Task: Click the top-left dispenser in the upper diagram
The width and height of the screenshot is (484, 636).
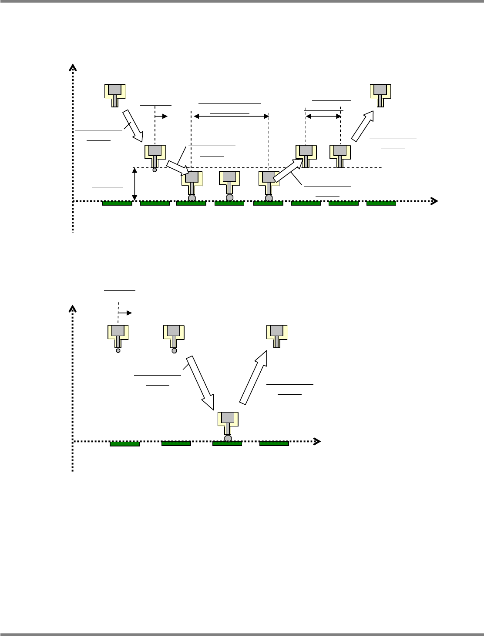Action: coord(115,94)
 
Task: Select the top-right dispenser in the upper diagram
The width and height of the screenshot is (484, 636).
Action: coord(380,94)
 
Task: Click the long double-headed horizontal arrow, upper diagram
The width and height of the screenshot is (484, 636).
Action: coord(231,117)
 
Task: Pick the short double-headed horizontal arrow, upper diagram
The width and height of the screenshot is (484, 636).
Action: coord(323,116)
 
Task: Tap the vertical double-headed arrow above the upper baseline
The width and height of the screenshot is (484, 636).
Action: coord(134,184)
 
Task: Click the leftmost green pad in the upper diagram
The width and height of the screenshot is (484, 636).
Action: coord(117,203)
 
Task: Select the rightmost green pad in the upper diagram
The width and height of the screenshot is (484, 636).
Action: coord(381,203)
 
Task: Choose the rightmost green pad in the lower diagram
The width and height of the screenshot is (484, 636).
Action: coord(274,443)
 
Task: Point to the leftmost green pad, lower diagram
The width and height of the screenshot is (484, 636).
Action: coord(124,443)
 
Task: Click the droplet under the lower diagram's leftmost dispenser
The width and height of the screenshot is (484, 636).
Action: coord(118,350)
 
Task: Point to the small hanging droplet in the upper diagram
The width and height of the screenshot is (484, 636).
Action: coord(155,170)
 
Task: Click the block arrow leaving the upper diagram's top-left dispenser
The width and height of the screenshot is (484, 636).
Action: coord(134,126)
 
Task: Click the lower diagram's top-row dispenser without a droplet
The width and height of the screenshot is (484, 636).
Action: coord(276,336)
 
